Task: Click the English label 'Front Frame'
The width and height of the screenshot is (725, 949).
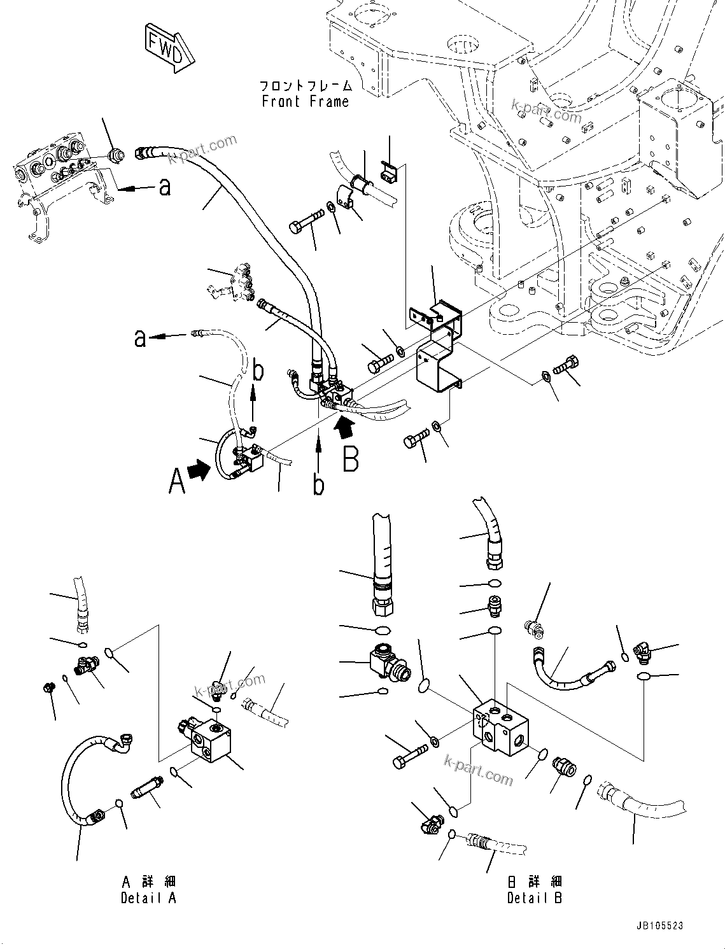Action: point(305,101)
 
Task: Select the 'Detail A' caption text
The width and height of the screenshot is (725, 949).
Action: point(148,897)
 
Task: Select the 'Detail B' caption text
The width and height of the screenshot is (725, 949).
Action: point(534,897)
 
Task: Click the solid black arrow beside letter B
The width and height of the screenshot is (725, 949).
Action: point(343,425)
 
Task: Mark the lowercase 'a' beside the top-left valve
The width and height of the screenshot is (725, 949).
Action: point(164,187)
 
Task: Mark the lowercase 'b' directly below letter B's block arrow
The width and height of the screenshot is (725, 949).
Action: point(318,485)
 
